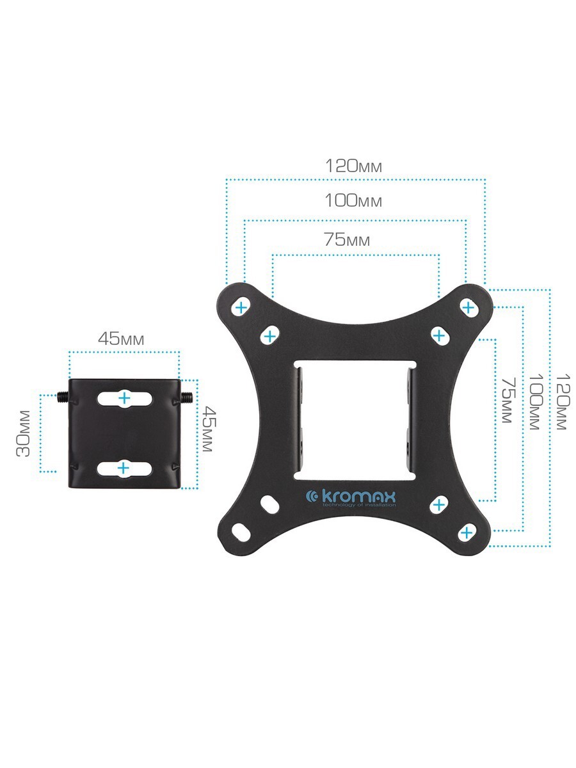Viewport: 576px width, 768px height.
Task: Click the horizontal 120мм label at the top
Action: tap(353, 166)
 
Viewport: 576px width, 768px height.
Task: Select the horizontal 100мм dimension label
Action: tap(353, 200)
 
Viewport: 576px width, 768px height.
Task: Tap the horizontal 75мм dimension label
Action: tap(347, 239)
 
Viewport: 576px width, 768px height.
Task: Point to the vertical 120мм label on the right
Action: tap(563, 402)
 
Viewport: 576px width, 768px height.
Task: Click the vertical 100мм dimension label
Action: tap(535, 402)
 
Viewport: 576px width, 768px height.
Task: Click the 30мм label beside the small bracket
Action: tap(24, 433)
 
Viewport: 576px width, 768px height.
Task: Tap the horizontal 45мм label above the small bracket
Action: tap(121, 339)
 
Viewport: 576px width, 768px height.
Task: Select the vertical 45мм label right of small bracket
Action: tap(209, 429)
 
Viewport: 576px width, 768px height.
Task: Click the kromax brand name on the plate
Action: tap(351, 497)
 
